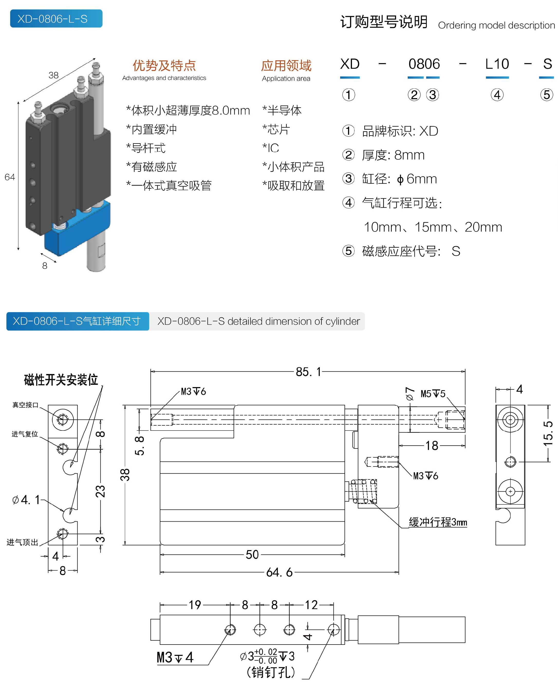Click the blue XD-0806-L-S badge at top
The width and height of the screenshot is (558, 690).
tap(56, 19)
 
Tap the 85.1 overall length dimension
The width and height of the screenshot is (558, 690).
tap(308, 372)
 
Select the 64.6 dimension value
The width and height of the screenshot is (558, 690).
tap(279, 572)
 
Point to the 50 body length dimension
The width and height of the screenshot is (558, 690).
tap(252, 554)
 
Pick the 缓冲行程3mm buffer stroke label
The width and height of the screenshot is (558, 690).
tap(438, 522)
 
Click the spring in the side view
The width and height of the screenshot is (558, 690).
tap(364, 491)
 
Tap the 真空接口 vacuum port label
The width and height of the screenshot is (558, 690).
tap(25, 405)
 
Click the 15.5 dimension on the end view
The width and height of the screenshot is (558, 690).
tap(548, 434)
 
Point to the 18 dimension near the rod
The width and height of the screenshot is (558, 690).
tap(431, 446)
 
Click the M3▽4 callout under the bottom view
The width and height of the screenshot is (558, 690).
tap(175, 657)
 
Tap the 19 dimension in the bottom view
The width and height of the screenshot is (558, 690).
tap(194, 605)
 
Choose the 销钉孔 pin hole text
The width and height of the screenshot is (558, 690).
tap(271, 672)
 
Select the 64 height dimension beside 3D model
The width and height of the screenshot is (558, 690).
tap(10, 177)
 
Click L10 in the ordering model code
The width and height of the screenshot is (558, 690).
tap(497, 64)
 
